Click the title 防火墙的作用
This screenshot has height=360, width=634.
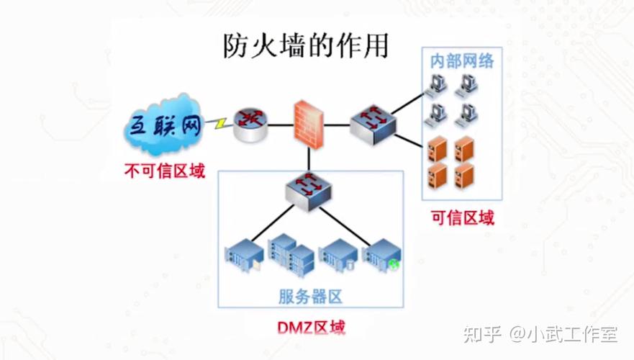(304, 45)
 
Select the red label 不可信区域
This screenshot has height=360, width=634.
(164, 171)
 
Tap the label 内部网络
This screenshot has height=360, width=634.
(462, 61)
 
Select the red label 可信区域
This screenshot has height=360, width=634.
(462, 217)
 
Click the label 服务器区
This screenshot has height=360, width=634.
(309, 296)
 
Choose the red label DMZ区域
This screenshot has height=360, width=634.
(311, 328)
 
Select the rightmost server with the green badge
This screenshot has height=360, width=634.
(380, 255)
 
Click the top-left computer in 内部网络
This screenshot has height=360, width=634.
(437, 85)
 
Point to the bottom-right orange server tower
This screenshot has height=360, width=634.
(464, 174)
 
